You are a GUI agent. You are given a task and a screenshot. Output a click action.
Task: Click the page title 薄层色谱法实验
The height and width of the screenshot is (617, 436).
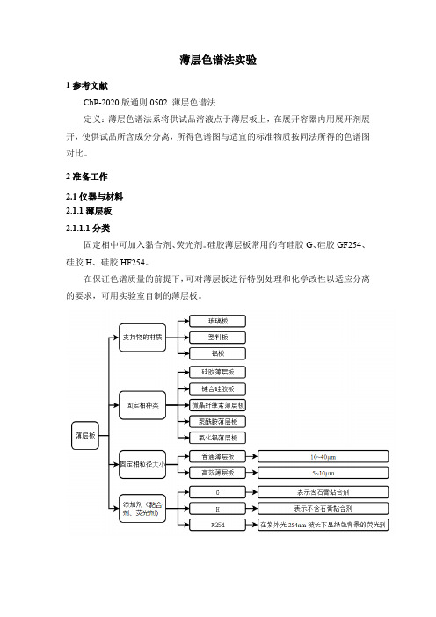(x=218, y=60)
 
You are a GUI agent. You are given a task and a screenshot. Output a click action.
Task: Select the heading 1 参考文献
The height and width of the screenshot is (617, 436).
(x=86, y=85)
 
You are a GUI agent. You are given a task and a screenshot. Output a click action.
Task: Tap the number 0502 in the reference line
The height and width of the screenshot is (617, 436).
(x=158, y=103)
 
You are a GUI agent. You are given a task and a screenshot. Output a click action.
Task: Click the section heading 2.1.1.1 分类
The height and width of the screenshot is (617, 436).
(x=88, y=229)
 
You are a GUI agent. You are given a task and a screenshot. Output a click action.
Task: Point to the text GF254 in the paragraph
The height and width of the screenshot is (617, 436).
(x=349, y=244)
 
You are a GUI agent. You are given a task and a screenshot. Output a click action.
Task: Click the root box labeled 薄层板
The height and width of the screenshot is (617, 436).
(x=85, y=436)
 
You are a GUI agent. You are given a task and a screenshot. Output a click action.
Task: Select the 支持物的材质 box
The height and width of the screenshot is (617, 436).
(x=142, y=338)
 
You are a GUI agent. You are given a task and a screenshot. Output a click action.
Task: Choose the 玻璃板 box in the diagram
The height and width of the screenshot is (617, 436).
(x=218, y=321)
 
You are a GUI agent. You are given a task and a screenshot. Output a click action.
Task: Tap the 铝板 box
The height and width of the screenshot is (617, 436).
(x=218, y=353)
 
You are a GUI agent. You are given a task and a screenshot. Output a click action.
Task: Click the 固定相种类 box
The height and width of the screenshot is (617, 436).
(x=142, y=405)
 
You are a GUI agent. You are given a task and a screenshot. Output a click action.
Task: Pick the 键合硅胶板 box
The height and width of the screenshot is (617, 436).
(x=218, y=388)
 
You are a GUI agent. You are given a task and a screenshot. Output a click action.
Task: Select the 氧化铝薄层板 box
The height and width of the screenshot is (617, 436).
(x=218, y=438)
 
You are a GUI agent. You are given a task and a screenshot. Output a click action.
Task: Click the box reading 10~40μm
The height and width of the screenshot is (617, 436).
(x=323, y=456)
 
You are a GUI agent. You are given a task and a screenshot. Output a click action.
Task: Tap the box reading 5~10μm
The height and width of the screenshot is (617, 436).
(x=323, y=473)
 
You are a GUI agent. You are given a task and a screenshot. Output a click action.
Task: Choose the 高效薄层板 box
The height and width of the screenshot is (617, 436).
(x=218, y=473)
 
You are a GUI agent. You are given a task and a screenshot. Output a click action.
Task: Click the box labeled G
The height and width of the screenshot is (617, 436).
(x=218, y=492)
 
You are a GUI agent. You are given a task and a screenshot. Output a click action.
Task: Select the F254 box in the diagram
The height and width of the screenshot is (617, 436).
(x=218, y=525)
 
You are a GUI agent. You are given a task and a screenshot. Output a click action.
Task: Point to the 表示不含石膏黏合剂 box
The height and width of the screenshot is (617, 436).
(x=323, y=508)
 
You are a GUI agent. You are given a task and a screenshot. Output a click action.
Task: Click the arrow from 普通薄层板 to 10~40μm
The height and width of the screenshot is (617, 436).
(x=251, y=456)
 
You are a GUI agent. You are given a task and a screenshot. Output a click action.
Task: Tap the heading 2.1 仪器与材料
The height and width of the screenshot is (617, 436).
(x=94, y=197)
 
